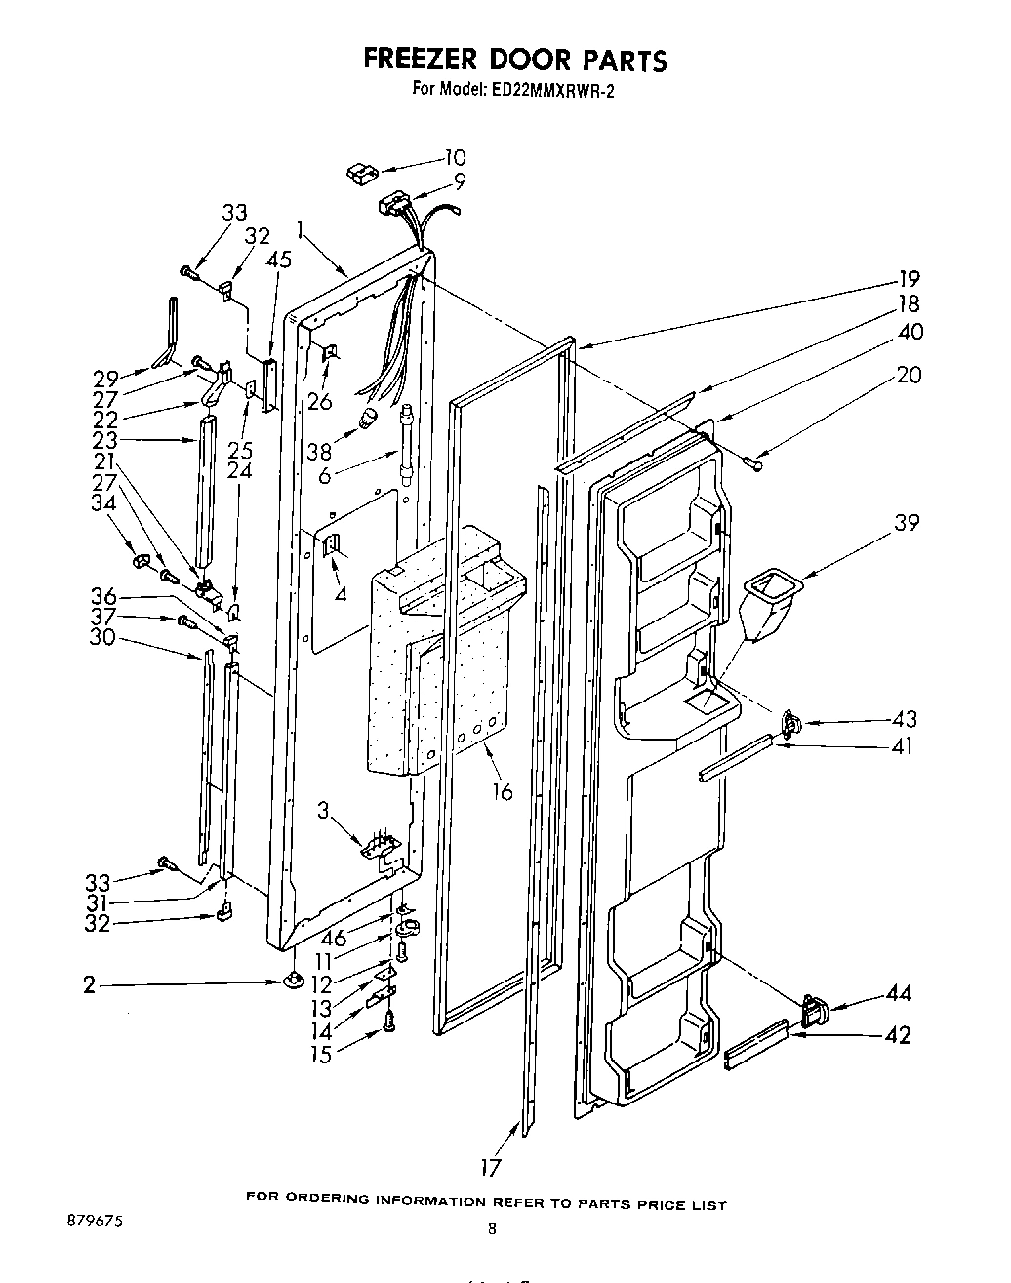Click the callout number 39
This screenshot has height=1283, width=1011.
tap(907, 523)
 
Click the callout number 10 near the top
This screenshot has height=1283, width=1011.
tap(455, 157)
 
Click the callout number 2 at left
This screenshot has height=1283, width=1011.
tap(90, 985)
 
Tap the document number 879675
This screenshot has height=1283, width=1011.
tap(97, 1221)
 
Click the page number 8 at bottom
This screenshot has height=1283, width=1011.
tap(492, 1230)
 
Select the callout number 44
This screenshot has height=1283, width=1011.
tap(898, 993)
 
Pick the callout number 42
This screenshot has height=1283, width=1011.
tap(897, 1034)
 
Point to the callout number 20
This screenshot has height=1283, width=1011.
tap(908, 374)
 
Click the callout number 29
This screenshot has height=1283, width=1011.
tap(105, 377)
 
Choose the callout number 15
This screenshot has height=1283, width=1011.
tap(320, 1055)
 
